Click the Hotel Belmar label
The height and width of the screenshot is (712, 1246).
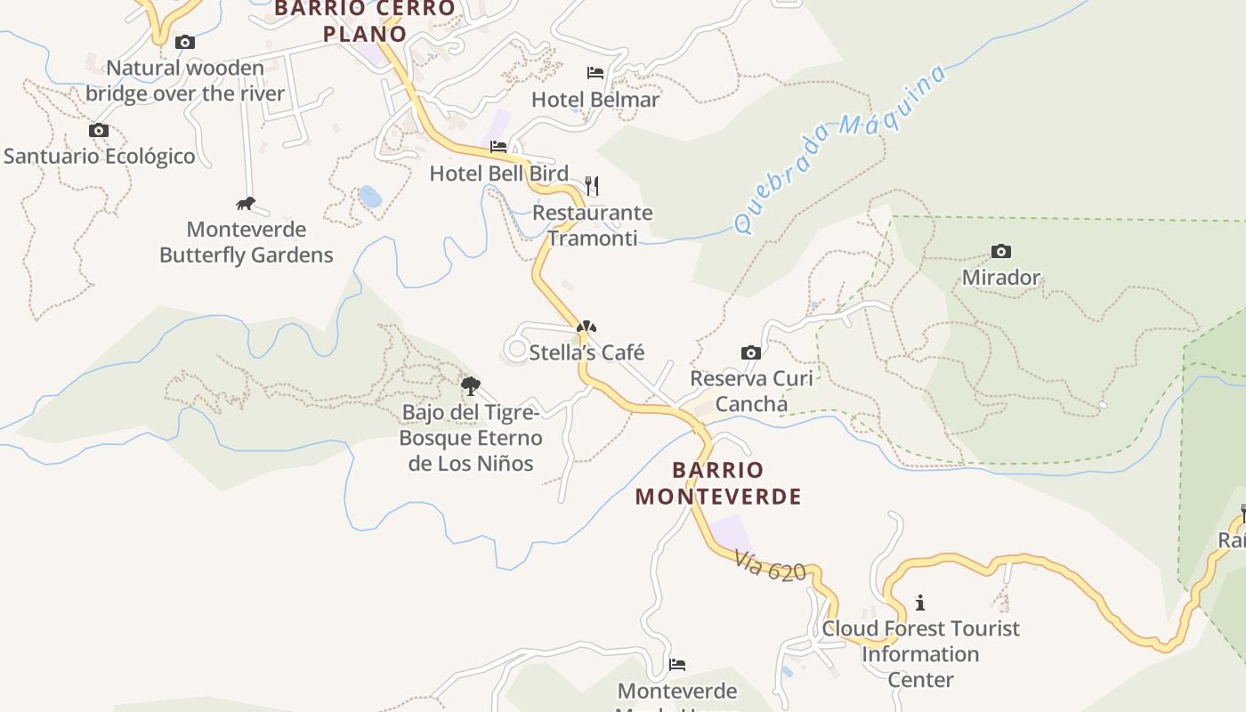[x=595, y=100]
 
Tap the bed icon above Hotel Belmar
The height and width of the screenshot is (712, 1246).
[x=595, y=72]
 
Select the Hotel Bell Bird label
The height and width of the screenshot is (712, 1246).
[x=498, y=174]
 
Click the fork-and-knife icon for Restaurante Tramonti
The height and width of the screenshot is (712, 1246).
[x=592, y=186]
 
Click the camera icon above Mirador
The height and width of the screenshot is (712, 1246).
[x=1001, y=252]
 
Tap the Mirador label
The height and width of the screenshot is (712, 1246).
[x=1001, y=278]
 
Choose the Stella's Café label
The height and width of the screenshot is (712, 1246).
[x=587, y=352]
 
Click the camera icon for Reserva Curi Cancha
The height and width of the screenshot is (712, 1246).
[x=751, y=352]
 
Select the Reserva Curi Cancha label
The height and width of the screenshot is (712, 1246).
[x=752, y=391]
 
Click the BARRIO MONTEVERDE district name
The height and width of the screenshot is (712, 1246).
[x=718, y=483]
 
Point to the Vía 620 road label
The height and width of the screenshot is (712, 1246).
[x=770, y=566]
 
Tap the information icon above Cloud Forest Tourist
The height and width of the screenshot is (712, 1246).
[x=920, y=603]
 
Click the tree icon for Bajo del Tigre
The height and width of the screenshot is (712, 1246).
[x=471, y=386]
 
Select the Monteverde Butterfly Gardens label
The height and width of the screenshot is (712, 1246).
[x=246, y=242]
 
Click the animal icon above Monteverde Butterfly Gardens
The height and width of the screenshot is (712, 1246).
[x=246, y=204]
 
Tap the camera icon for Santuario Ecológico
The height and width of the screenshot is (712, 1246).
[x=99, y=131]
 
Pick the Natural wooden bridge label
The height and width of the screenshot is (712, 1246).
[x=185, y=80]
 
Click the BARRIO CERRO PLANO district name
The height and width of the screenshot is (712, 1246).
[x=365, y=21]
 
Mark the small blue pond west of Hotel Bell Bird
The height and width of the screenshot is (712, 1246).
[x=370, y=196]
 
